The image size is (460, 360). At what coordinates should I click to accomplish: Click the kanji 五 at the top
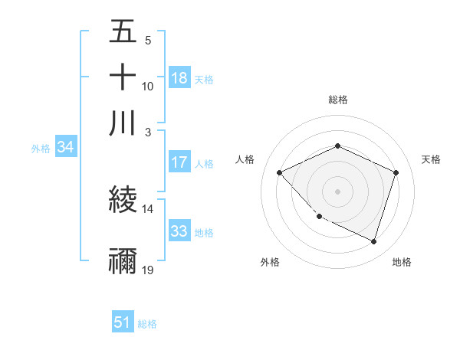click(x=123, y=33)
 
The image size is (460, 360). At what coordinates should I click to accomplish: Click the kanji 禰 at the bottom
click(x=123, y=260)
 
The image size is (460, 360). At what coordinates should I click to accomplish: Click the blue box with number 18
click(x=179, y=77)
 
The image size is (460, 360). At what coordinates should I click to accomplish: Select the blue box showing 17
click(x=179, y=162)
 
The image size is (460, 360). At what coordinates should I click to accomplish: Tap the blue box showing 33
click(x=179, y=231)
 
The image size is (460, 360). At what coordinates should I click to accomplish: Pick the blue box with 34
click(x=65, y=148)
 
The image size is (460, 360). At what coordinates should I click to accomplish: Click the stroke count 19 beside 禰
click(x=148, y=270)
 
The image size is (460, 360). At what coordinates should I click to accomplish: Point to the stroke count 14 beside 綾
click(x=148, y=208)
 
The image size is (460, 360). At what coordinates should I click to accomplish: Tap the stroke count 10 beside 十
click(x=148, y=86)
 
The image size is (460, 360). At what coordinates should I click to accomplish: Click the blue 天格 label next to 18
click(x=204, y=79)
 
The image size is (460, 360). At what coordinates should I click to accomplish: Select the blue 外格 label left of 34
click(x=41, y=149)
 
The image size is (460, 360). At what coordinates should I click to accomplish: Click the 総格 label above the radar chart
click(x=338, y=100)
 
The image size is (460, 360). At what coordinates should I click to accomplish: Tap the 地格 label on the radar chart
click(x=402, y=262)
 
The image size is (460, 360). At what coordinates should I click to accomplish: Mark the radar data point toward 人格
click(x=280, y=173)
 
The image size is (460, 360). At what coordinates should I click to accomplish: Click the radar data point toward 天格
click(x=396, y=173)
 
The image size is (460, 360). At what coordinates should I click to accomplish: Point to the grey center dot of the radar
click(x=338, y=191)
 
